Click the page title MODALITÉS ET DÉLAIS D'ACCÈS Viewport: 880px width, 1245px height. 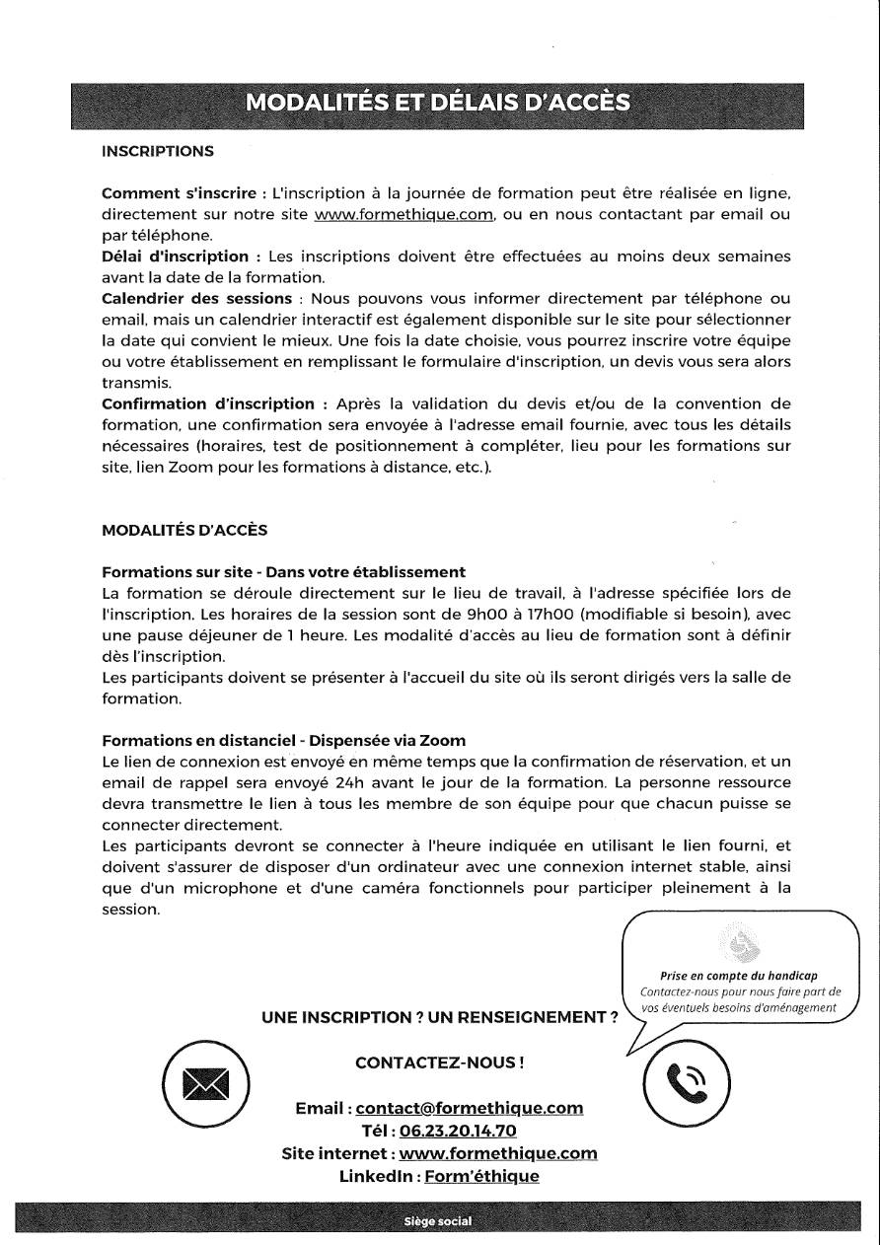click(439, 103)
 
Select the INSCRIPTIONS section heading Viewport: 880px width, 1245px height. click(158, 151)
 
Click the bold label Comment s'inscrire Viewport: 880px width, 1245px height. click(177, 192)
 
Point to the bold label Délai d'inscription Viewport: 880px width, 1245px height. click(175, 256)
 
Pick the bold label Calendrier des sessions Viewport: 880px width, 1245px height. click(196, 298)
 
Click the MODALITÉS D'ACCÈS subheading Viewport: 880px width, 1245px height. click(184, 530)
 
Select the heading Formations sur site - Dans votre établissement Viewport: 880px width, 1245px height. click(283, 571)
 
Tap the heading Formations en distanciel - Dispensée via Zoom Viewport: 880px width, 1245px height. click(283, 740)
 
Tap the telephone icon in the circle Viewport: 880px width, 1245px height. click(687, 1081)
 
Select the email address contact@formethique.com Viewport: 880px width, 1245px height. click(469, 1108)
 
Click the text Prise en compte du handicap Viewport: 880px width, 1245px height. click(739, 976)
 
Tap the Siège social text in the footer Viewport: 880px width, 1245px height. click(438, 1221)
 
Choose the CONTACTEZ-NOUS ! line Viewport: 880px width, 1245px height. click(439, 1062)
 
